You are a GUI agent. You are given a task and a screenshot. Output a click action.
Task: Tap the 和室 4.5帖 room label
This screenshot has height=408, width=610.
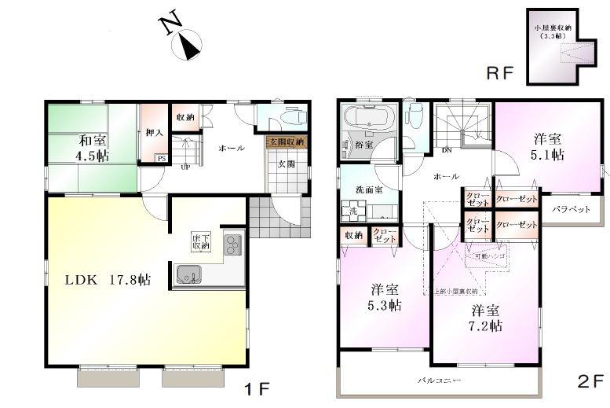pyautogui.click(x=93, y=148)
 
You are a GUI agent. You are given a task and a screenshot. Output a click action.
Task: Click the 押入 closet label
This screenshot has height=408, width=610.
pyautogui.click(x=155, y=133)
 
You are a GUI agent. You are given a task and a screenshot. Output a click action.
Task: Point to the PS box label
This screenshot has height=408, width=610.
pyautogui.click(x=161, y=158)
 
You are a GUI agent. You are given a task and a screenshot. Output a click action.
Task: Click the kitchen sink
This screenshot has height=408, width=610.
pyautogui.click(x=189, y=275)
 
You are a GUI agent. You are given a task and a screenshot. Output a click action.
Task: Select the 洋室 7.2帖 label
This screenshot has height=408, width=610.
pyautogui.click(x=485, y=318)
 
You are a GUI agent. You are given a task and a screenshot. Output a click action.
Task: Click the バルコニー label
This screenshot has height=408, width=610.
pyautogui.click(x=437, y=380)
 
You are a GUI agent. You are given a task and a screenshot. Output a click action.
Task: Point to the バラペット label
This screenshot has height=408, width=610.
pyautogui.click(x=570, y=210)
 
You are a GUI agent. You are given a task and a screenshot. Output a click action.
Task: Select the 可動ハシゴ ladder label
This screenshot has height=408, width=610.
pyautogui.click(x=489, y=256)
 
